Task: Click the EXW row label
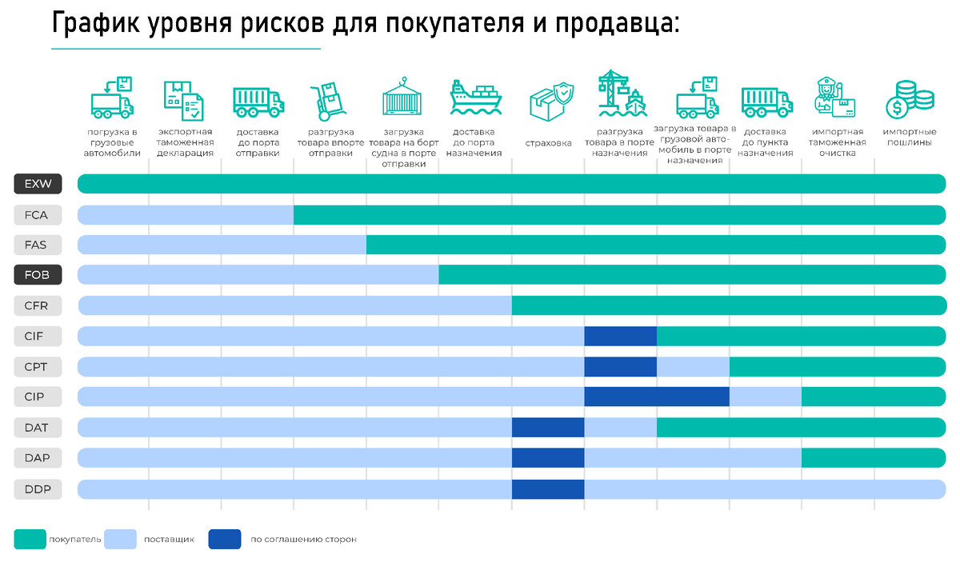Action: tap(38, 184)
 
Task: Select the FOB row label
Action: tap(38, 275)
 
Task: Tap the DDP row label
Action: tap(38, 488)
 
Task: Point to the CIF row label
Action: tap(38, 336)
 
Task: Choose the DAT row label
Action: tap(38, 428)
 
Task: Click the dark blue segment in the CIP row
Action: tap(657, 397)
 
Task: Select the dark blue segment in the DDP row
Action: tap(548, 488)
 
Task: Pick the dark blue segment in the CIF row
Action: tap(620, 336)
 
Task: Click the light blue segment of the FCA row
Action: tap(186, 214)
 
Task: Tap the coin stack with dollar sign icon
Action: tap(909, 101)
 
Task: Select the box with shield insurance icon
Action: tap(551, 101)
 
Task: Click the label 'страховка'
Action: tap(548, 143)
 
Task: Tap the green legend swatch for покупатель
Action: tap(29, 539)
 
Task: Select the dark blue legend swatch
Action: tap(225, 539)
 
